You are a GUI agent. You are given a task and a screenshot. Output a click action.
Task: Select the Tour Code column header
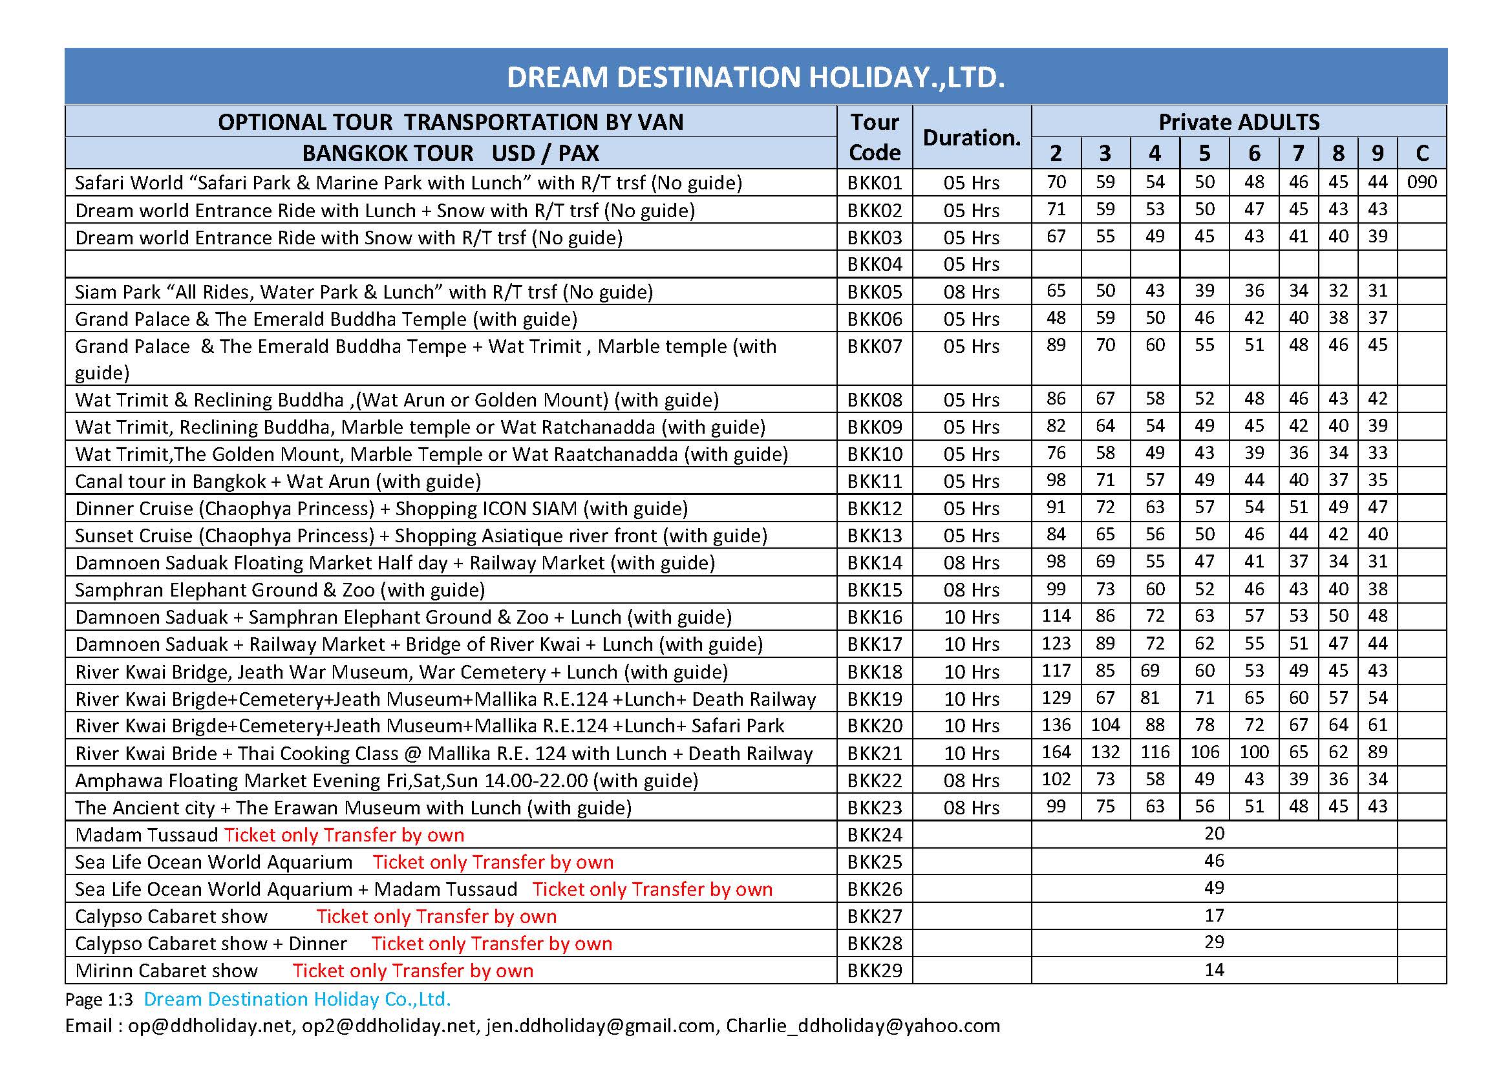click(874, 137)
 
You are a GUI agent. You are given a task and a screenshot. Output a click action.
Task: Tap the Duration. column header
click(972, 138)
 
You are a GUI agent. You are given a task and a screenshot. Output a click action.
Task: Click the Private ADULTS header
click(1239, 122)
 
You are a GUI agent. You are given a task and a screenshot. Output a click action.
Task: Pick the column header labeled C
click(1421, 153)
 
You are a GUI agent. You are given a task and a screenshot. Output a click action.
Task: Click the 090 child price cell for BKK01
click(1421, 182)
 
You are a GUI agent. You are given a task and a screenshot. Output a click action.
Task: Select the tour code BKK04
click(874, 264)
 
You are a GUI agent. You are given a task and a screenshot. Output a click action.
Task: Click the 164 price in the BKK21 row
click(1056, 752)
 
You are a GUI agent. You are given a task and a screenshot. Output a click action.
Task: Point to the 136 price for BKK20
click(1056, 725)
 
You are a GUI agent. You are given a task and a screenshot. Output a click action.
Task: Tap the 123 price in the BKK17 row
click(1056, 643)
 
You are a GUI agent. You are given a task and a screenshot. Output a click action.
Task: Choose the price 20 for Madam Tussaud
click(1214, 834)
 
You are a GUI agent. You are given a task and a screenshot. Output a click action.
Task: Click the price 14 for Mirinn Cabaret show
click(1214, 969)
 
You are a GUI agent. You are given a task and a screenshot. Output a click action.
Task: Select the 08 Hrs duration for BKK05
click(972, 291)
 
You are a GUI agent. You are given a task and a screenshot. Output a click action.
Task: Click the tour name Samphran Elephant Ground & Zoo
click(280, 590)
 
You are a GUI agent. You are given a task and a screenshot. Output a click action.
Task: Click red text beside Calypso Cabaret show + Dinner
click(491, 943)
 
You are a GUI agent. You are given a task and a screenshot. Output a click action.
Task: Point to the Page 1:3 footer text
click(99, 999)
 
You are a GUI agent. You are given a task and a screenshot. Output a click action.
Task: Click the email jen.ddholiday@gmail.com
click(600, 1026)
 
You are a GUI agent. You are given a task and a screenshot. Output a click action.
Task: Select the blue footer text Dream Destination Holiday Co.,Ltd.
click(297, 999)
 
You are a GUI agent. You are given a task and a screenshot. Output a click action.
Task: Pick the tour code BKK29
click(874, 970)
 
